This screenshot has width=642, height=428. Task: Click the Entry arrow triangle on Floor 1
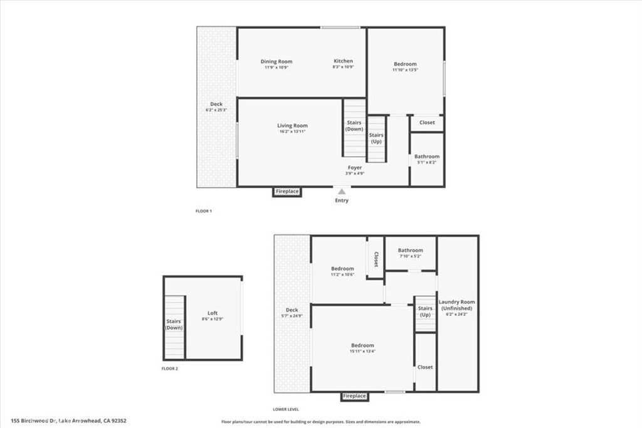pyautogui.click(x=342, y=192)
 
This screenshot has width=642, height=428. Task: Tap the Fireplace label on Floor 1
pyautogui.click(x=287, y=192)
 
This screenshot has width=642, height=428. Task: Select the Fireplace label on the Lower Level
pyautogui.click(x=354, y=396)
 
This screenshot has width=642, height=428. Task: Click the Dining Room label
pyautogui.click(x=276, y=61)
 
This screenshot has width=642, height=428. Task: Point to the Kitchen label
pyautogui.click(x=343, y=61)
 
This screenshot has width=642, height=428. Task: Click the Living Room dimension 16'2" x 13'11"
pyautogui.click(x=292, y=132)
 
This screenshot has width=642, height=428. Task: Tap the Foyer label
pyautogui.click(x=355, y=167)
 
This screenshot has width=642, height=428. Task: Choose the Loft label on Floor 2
pyautogui.click(x=213, y=313)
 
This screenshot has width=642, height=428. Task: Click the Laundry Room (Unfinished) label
pyautogui.click(x=457, y=305)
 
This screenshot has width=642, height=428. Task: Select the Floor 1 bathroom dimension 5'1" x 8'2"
pyautogui.click(x=426, y=162)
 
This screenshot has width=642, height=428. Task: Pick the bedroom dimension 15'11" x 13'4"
pyautogui.click(x=363, y=351)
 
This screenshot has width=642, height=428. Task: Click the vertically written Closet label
pyautogui.click(x=376, y=259)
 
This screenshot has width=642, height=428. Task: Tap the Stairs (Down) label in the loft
pyautogui.click(x=174, y=325)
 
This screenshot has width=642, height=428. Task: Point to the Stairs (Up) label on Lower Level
pyautogui.click(x=426, y=311)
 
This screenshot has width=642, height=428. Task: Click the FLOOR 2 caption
pyautogui.click(x=170, y=368)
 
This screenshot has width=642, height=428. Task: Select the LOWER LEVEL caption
pyautogui.click(x=286, y=409)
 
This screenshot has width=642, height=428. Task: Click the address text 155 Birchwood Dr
pyautogui.click(x=34, y=420)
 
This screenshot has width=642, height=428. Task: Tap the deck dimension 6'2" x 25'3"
pyautogui.click(x=216, y=110)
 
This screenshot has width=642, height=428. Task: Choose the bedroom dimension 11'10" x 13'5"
pyautogui.click(x=406, y=70)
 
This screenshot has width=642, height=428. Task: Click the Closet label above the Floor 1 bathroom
pyautogui.click(x=427, y=122)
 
